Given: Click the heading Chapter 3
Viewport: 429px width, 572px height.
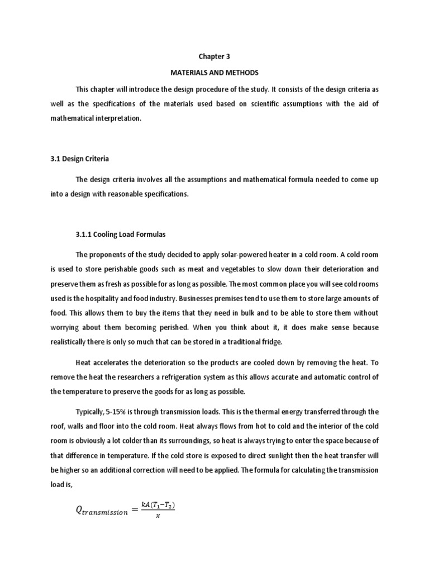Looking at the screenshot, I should (x=214, y=57).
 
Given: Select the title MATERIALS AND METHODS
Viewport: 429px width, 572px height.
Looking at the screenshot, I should (x=214, y=73).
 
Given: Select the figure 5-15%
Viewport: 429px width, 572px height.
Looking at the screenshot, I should (x=121, y=412).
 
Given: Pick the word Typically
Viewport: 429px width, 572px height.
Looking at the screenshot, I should (x=92, y=412).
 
